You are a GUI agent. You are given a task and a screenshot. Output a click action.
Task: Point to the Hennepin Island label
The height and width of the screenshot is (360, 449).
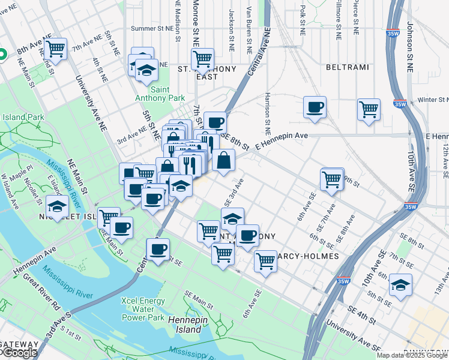pyautogui.click(x=176, y=325)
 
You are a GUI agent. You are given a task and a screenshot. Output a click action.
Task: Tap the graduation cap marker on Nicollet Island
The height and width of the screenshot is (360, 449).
pyautogui.click(x=57, y=206)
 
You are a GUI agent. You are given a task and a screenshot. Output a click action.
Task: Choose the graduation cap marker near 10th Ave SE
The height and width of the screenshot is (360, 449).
pyautogui.click(x=400, y=284)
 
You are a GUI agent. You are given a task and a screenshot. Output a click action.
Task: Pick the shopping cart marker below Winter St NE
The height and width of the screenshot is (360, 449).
pyautogui.click(x=369, y=109)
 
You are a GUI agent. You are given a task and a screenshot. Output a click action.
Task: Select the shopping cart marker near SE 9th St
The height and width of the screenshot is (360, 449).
pyautogui.click(x=332, y=178)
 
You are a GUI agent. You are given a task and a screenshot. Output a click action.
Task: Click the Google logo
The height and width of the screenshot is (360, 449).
pyautogui.click(x=19, y=353)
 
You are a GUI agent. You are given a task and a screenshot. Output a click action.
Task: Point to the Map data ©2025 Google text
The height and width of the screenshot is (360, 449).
pyautogui.click(x=412, y=355)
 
